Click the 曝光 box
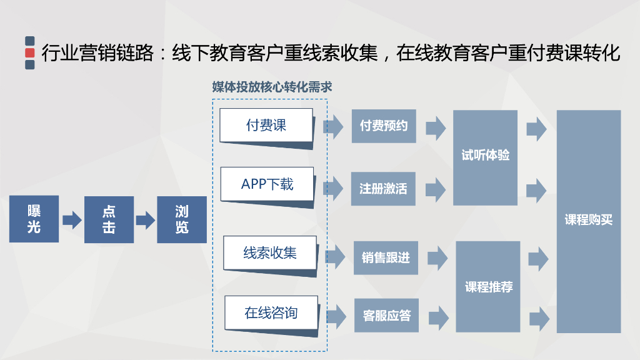click(34, 219)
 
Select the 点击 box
click(109, 219)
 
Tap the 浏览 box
click(181, 219)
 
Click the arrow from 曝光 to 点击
click(72, 220)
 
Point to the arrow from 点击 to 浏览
click(145, 220)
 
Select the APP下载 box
click(267, 184)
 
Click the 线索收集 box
click(270, 253)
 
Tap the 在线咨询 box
click(271, 312)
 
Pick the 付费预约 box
click(383, 126)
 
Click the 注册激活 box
click(383, 188)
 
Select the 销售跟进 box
click(386, 257)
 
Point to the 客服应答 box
click(386, 316)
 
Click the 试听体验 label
click(485, 156)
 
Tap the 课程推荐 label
click(488, 287)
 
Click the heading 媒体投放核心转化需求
click(272, 87)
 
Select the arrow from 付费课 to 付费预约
click(333, 127)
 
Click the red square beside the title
click(30, 52)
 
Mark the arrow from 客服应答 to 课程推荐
click(438, 317)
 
